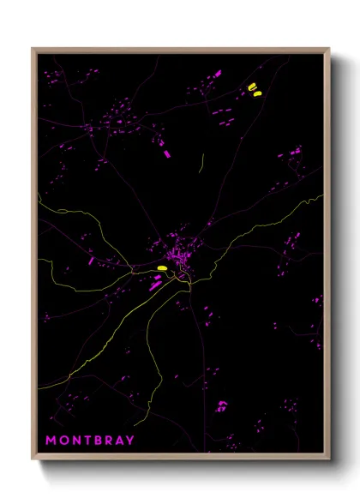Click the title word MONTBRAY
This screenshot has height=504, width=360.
coord(90,441)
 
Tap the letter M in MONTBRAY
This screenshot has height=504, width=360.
coord(51,441)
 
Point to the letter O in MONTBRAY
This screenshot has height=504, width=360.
coord(63,441)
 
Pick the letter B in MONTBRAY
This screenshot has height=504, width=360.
coord(96,441)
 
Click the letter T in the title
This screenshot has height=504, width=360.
coord(85,441)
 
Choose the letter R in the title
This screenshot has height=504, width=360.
coord(107,441)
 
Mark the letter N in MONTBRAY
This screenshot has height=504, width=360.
coord(74,441)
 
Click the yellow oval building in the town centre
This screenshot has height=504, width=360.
coord(161,268)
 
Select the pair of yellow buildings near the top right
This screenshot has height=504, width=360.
coord(254,89)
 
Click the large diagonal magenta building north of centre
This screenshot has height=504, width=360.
coord(165,154)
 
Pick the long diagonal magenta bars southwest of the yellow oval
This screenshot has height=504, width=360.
coord(155,283)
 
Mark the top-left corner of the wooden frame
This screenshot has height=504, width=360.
coord(33,49)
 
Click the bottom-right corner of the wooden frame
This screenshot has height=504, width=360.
coord(329,460)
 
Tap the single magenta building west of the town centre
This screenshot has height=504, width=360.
coord(91,260)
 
